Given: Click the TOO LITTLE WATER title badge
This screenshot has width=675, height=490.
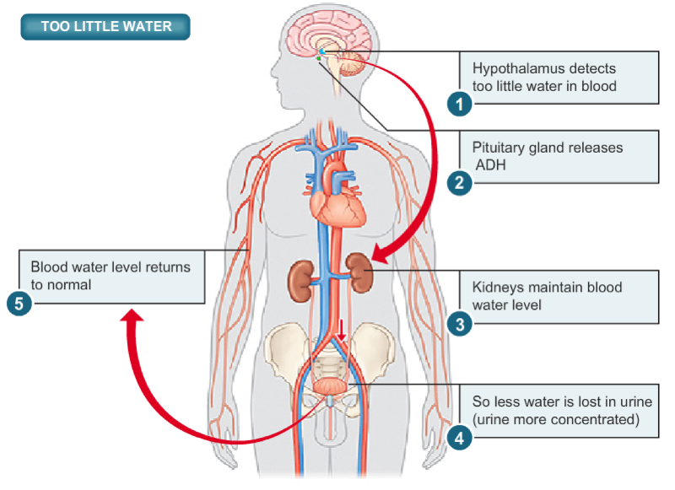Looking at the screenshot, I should (x=106, y=26).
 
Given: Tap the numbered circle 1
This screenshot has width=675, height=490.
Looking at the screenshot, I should (x=459, y=104).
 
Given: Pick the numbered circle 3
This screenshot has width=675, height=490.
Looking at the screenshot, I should (x=459, y=323).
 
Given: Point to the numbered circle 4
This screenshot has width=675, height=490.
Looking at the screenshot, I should (x=459, y=437).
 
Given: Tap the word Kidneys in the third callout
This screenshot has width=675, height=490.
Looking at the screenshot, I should (x=497, y=288).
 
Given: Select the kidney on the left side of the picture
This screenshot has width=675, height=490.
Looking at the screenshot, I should (x=301, y=280).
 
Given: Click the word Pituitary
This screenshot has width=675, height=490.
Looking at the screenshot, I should (x=497, y=148).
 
